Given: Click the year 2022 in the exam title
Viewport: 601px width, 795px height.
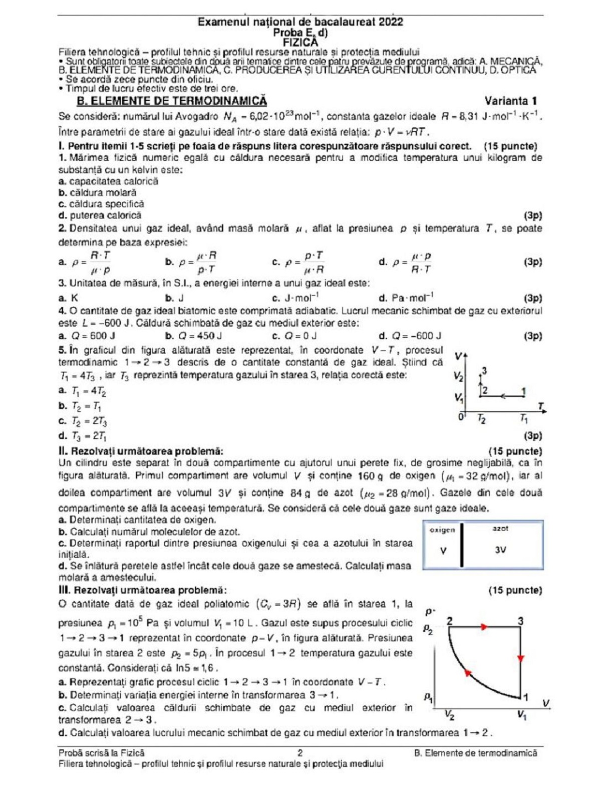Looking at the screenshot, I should click(391, 22).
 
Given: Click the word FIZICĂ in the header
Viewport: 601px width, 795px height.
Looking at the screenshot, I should click(300, 43).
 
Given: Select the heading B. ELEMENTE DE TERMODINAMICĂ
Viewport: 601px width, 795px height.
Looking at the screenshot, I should click(172, 101).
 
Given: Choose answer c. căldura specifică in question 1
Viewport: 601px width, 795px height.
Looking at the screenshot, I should click(101, 204).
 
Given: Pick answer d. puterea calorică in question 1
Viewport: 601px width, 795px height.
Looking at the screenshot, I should click(100, 215).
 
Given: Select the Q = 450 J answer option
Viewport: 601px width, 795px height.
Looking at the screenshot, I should click(194, 336).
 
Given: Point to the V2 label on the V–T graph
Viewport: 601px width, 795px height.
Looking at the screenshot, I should click(458, 376).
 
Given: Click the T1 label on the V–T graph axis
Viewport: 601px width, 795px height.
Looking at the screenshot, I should click(524, 419).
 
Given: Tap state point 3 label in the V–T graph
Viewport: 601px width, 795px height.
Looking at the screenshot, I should click(484, 371).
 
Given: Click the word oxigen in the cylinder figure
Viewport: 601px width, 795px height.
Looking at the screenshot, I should click(442, 530).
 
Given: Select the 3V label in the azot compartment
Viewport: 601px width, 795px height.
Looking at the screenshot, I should click(500, 550).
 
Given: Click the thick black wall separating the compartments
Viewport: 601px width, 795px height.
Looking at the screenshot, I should click(462, 545).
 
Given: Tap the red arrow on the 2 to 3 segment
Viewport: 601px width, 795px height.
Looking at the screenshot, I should click(484, 627).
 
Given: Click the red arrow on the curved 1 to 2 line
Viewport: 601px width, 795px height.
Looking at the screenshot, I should click(468, 673).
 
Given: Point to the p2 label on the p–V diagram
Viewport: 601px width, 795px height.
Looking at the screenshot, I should click(428, 629).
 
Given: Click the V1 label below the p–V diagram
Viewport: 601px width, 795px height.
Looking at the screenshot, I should click(522, 716).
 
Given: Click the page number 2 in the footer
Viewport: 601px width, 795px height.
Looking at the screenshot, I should click(300, 752).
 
